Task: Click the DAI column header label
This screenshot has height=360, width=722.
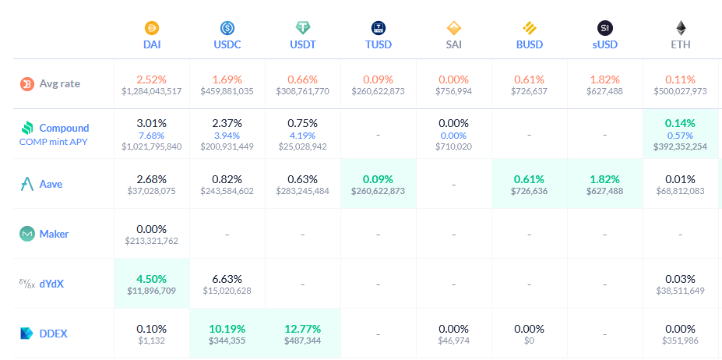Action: pyautogui.click(x=152, y=44)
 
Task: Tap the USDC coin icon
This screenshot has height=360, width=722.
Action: pyautogui.click(x=227, y=28)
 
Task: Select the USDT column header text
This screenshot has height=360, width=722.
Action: pyautogui.click(x=303, y=44)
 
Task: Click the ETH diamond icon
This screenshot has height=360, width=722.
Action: pyautogui.click(x=681, y=28)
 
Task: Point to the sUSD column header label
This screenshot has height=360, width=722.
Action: pyautogui.click(x=605, y=44)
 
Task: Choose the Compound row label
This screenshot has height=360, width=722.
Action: pyautogui.click(x=64, y=128)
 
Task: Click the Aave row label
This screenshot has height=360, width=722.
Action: pyautogui.click(x=51, y=184)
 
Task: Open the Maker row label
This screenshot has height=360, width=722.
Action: pyautogui.click(x=54, y=234)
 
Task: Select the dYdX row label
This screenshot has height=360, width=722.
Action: pyautogui.click(x=51, y=284)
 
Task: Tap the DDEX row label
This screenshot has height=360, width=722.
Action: pyautogui.click(x=54, y=334)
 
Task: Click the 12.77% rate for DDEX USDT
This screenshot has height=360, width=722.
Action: pyautogui.click(x=303, y=328)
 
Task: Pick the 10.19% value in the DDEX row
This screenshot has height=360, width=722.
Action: pyautogui.click(x=227, y=328)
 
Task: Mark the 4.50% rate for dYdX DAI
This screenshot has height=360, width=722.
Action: pyautogui.click(x=152, y=278)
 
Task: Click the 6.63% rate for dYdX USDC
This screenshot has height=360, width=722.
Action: pyautogui.click(x=227, y=278)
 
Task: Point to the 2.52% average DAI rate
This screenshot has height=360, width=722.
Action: pyautogui.click(x=152, y=79)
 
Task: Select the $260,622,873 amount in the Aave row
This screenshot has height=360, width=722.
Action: pyautogui.click(x=379, y=190)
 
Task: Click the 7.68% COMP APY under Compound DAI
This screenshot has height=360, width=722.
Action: pyautogui.click(x=152, y=135)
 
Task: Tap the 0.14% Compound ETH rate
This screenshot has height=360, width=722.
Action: pyautogui.click(x=680, y=123)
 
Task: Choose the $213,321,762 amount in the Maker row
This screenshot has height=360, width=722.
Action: pyautogui.click(x=152, y=241)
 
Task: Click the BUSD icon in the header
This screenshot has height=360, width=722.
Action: pyautogui.click(x=530, y=28)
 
